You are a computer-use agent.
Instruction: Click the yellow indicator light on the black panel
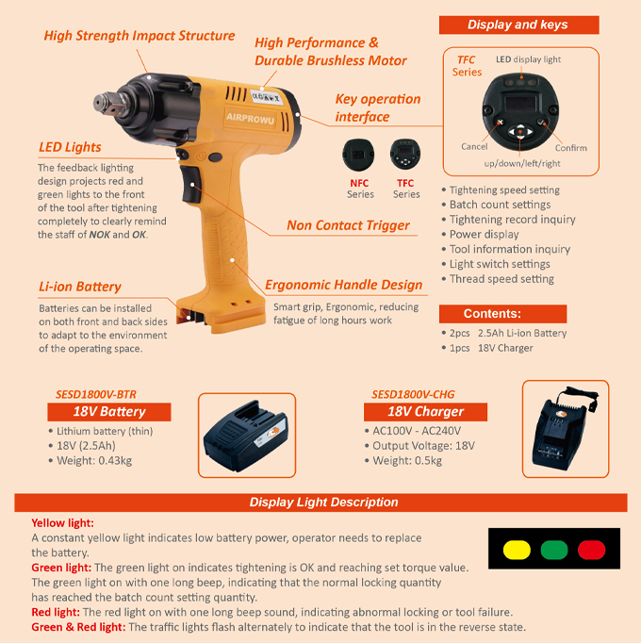coord(517,550)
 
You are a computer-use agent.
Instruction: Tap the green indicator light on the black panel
coord(554,550)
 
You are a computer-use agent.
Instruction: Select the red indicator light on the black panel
coord(591,550)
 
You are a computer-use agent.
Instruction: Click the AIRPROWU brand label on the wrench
coord(250,118)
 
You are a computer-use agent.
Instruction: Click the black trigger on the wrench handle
coord(189,184)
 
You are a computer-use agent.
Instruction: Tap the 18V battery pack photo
coord(246,436)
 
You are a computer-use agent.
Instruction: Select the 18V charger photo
coord(566,429)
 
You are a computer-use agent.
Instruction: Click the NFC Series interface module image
coord(358,155)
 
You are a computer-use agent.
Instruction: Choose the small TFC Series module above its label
coord(405,155)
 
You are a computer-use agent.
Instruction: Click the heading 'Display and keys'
coord(518,25)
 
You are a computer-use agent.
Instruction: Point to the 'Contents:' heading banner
coord(502,314)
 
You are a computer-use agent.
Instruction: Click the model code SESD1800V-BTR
coord(96,394)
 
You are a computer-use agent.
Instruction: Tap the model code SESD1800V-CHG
coord(413,394)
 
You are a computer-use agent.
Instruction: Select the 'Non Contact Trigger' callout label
coord(348,225)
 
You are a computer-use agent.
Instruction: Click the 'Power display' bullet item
coord(484,234)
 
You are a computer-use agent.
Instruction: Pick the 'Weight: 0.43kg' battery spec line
coord(94,460)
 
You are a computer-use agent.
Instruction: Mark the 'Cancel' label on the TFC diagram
coord(474,146)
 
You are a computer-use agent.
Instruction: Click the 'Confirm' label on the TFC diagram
coord(571,148)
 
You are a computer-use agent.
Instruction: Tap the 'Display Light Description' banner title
coord(323,503)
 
